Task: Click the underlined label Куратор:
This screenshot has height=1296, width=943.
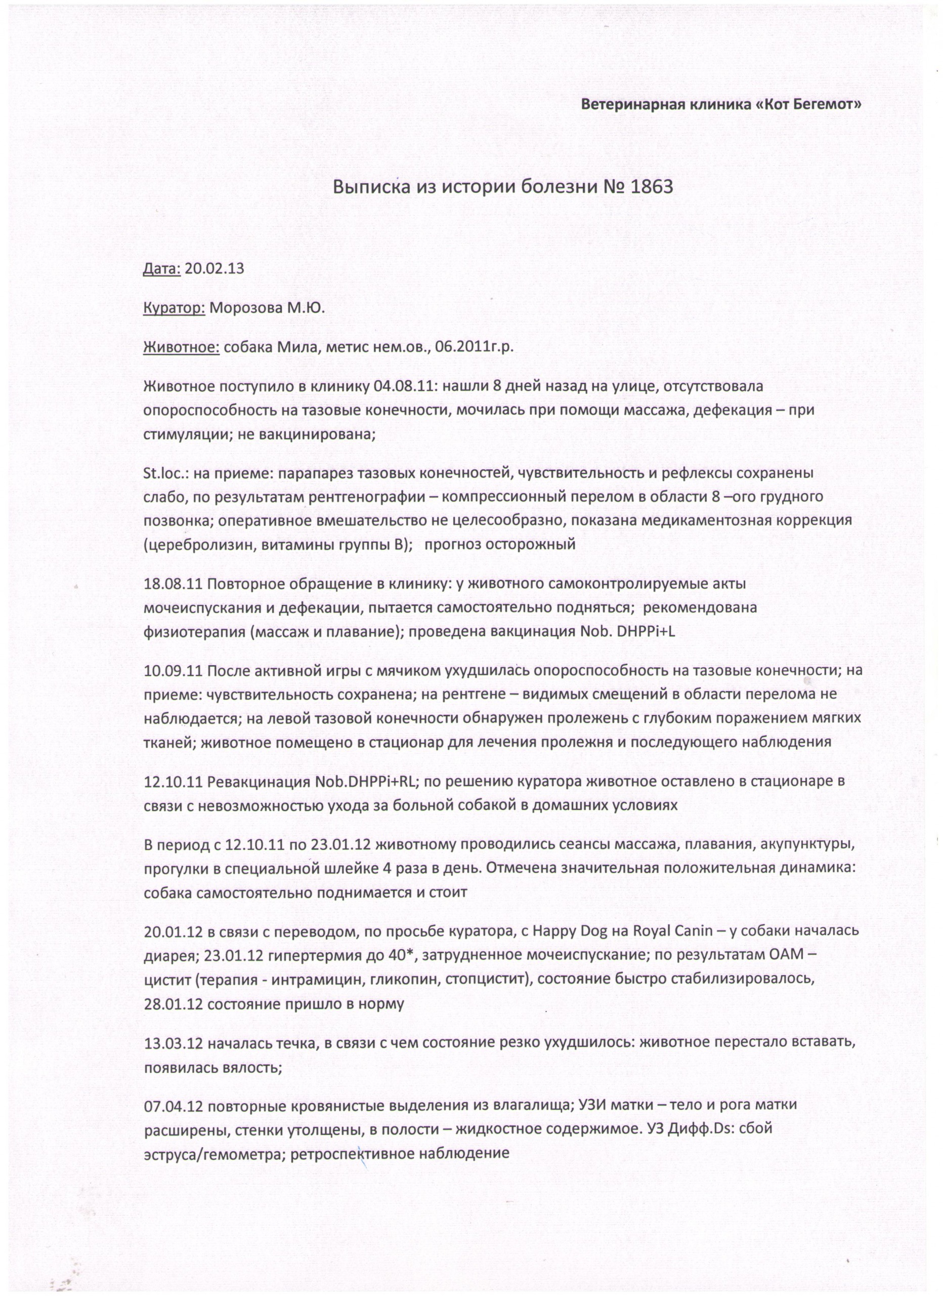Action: [174, 309]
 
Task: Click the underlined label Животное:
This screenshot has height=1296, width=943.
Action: [181, 347]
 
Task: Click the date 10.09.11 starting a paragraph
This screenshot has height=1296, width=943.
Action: [173, 671]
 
